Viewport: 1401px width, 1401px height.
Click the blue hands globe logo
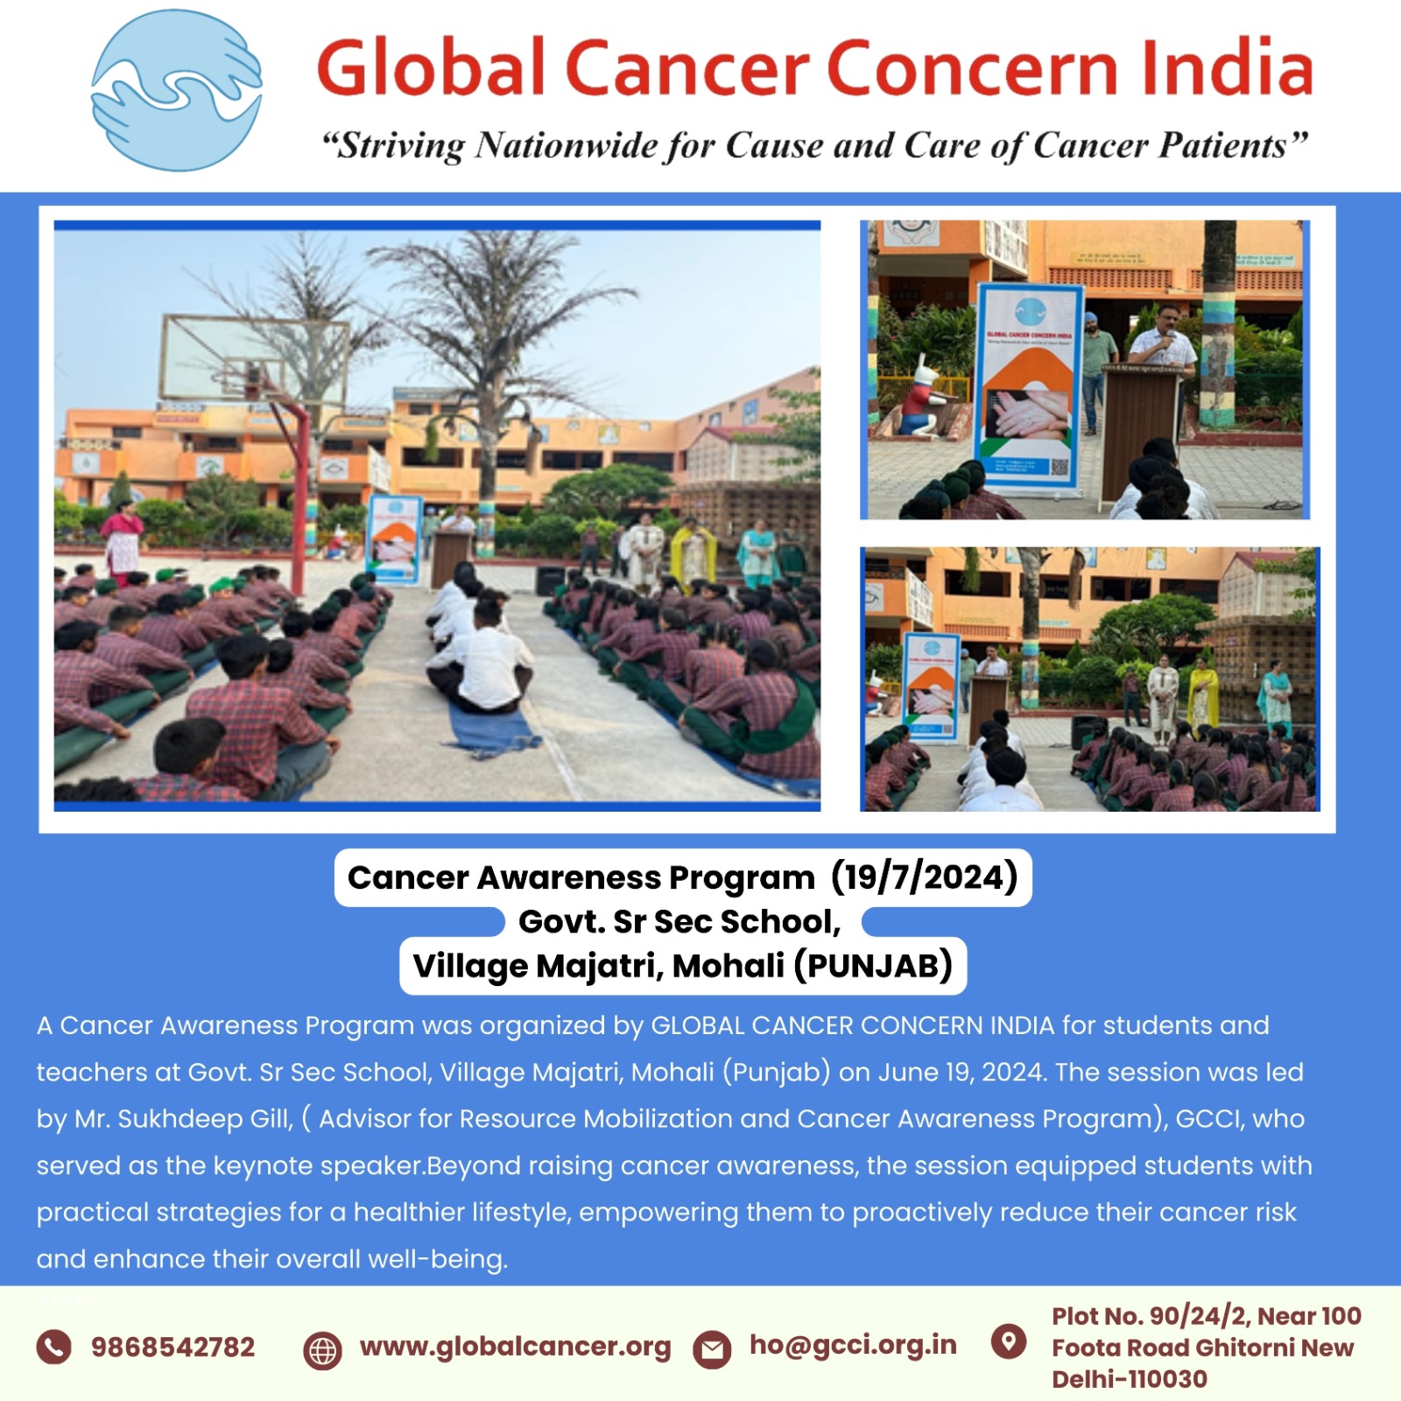tap(177, 90)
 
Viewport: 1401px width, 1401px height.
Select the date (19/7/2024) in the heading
tap(925, 877)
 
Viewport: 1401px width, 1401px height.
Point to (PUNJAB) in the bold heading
tap(873, 966)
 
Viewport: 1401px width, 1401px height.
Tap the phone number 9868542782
tap(172, 1347)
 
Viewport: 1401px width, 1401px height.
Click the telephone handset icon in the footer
tap(53, 1347)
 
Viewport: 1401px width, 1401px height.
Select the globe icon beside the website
tap(322, 1350)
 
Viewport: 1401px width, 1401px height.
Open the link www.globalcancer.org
tap(515, 1347)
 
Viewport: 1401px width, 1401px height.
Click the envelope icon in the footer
tap(712, 1349)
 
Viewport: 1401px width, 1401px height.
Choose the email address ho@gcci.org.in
tap(853, 1345)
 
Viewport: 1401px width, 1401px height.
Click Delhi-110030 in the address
tap(1130, 1379)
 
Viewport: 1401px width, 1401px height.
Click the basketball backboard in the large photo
tap(254, 360)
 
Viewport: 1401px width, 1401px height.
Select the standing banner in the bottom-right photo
tap(932, 687)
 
